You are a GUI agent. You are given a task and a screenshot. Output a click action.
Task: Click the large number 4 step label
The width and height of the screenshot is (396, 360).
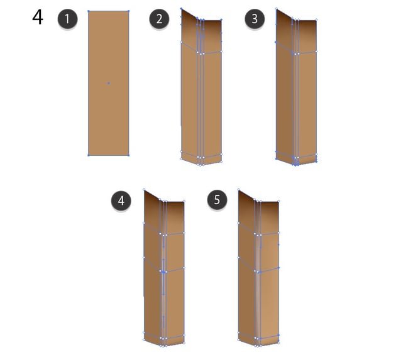pos(38,17)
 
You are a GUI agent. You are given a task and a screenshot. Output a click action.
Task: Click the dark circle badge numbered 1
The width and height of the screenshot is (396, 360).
pos(67,19)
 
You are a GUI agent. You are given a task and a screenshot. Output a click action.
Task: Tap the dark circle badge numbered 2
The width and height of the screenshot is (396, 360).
pos(159,19)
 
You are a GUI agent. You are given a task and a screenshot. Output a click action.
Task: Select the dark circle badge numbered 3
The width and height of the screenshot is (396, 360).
pos(255,19)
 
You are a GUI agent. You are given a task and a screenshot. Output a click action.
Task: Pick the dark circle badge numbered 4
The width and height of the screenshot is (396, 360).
pos(121,200)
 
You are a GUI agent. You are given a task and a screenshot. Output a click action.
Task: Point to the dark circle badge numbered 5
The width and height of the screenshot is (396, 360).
pos(217,200)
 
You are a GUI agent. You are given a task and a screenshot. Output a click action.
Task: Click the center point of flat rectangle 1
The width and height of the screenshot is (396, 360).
pos(109,83)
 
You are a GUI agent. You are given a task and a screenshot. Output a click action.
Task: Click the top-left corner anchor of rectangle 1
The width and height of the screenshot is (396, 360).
pos(89,11)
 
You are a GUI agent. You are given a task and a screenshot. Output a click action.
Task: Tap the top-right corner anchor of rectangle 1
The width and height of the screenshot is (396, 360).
pos(129,11)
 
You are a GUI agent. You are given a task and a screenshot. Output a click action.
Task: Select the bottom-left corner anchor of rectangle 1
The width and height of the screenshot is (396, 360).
pos(89,155)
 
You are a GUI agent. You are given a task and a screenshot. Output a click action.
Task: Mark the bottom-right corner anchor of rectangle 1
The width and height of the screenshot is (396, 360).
pos(129,155)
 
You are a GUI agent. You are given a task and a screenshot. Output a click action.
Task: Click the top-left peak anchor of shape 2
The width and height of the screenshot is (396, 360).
pos(181,9)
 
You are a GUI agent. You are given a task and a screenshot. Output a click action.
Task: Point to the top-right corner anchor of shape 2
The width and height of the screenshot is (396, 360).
pos(221,19)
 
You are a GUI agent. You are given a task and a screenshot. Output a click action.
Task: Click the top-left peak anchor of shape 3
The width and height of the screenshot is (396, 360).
pos(277,9)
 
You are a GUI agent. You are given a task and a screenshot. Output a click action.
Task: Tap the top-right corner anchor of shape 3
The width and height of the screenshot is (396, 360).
pos(316,19)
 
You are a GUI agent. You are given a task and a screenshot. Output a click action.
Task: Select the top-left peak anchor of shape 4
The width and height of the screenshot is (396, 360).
pos(144,189)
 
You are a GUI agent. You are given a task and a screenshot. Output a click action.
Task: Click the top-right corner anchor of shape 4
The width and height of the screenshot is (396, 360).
pos(184,201)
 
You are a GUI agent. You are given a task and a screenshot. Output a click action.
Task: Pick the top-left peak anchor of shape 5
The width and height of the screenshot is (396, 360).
pos(239,189)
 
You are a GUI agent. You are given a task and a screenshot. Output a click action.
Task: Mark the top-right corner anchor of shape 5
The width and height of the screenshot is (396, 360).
pos(278,201)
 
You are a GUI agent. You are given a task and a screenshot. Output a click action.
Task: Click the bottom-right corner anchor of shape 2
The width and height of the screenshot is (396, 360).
pos(221,161)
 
